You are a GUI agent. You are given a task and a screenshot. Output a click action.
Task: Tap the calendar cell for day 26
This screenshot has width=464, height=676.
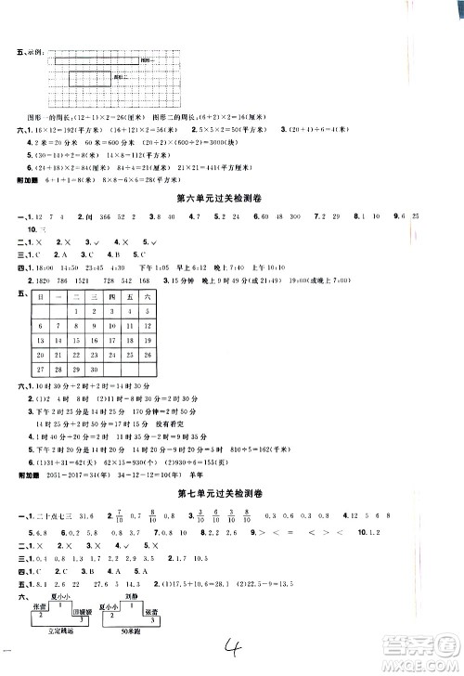point(146,356)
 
